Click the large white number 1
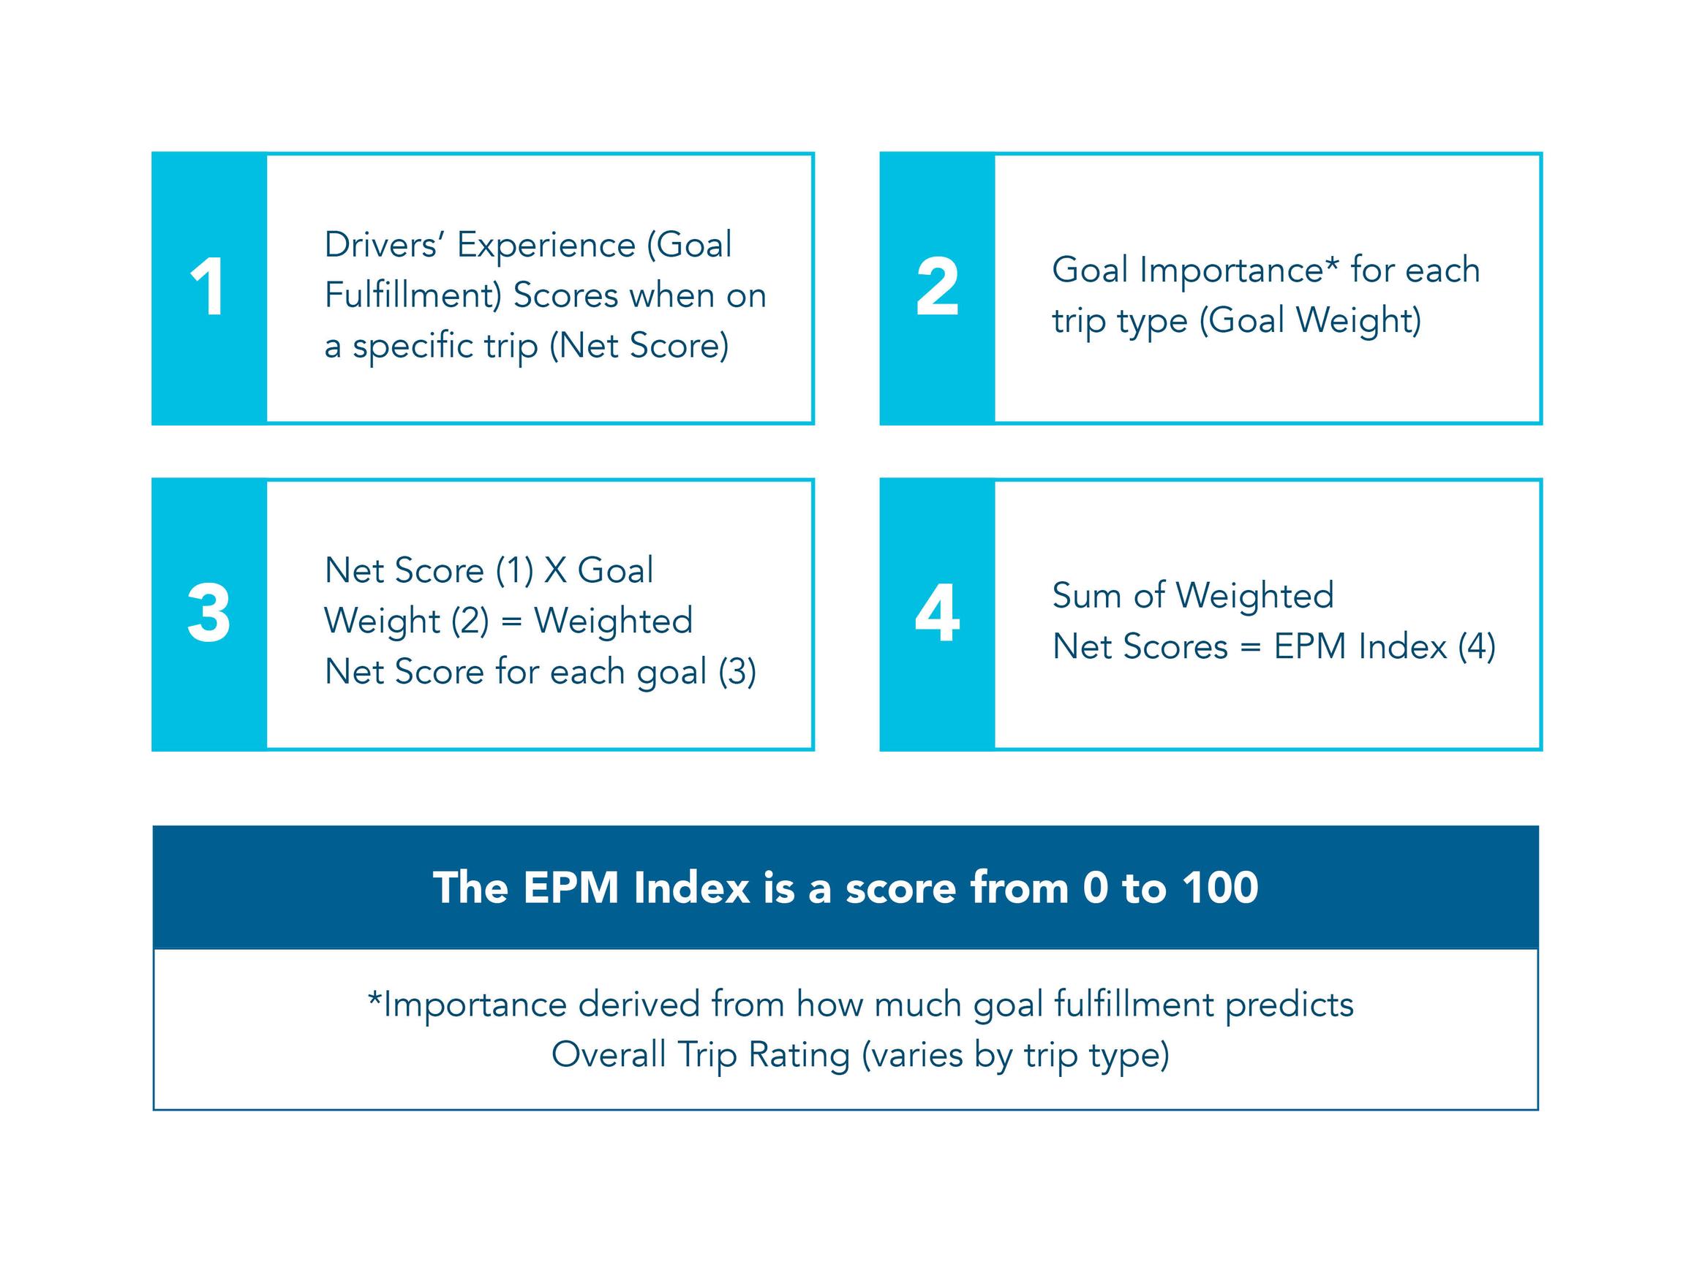(207, 287)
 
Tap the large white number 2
(937, 287)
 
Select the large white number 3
(208, 613)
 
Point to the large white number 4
(937, 613)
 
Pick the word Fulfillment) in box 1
(413, 295)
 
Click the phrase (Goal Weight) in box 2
(1310, 320)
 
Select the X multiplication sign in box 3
(554, 570)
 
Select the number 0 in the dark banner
(1095, 888)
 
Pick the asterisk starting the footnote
(374, 997)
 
